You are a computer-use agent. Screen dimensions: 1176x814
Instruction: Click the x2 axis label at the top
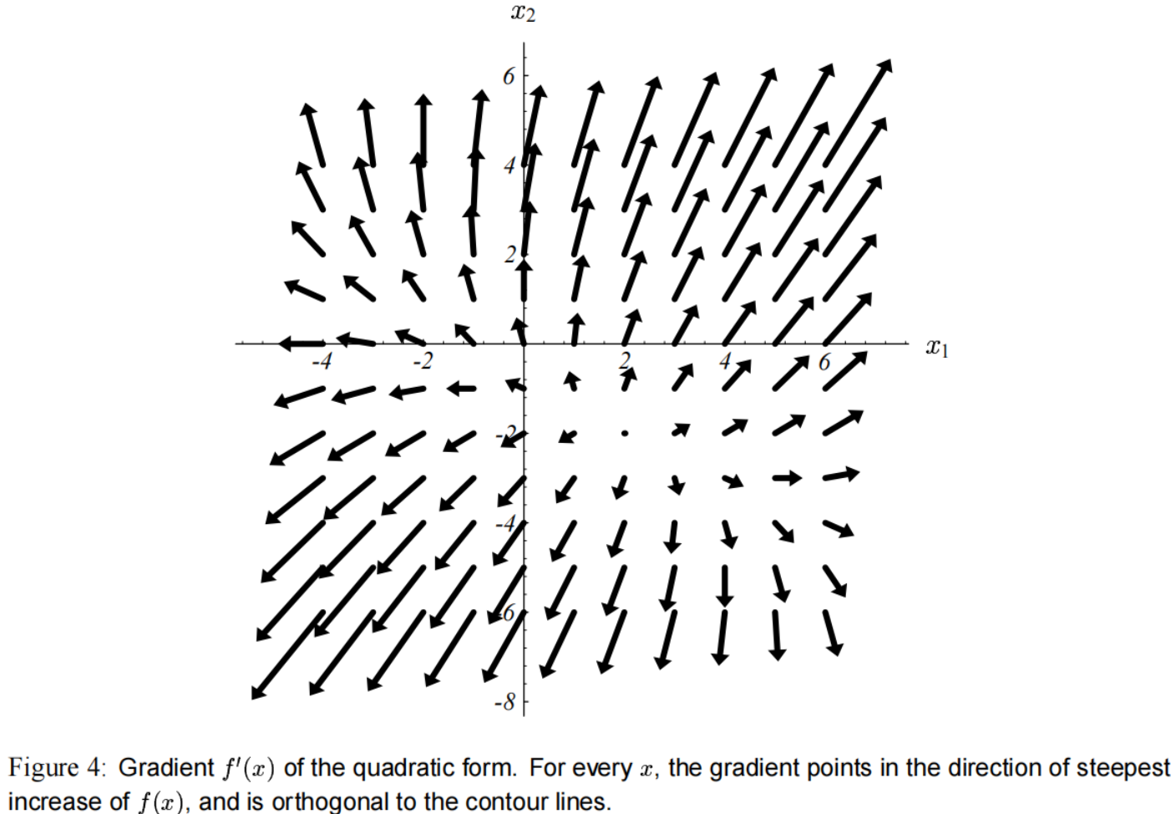tap(523, 13)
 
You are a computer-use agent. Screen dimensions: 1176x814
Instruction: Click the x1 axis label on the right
tap(936, 347)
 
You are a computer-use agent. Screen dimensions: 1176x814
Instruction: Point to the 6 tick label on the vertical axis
tap(509, 76)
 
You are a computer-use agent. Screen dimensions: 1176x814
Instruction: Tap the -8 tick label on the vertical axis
tap(504, 702)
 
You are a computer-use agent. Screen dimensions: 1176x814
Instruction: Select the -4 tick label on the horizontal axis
tap(322, 362)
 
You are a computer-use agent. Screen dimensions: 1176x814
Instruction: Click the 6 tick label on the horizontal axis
tap(824, 362)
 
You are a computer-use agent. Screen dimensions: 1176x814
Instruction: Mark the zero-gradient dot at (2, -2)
tap(625, 433)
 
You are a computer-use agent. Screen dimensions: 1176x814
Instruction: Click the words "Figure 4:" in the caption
tap(55, 768)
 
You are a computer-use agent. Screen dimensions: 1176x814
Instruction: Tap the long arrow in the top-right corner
tap(857, 107)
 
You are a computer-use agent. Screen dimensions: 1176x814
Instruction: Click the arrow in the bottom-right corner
tap(832, 633)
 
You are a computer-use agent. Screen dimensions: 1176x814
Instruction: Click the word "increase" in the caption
tap(44, 801)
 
